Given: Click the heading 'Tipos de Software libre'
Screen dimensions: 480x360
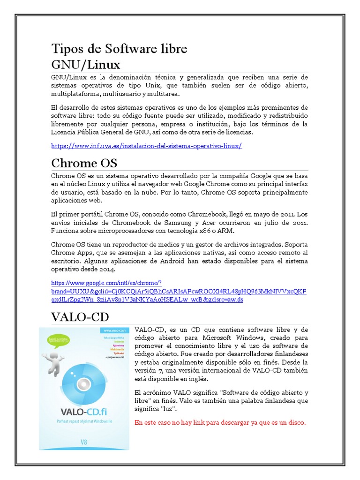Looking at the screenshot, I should point(119,49).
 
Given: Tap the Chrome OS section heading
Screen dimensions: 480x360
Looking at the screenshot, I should point(84,163).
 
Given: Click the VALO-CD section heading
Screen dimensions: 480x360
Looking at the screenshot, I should point(80,317).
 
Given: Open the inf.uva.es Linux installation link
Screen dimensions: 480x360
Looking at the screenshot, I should point(146,146).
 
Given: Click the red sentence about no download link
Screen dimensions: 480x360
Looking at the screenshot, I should point(220,422).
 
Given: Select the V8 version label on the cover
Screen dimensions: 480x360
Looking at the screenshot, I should point(84,442).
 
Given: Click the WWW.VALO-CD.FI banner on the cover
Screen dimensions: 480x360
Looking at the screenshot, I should point(111,330).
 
